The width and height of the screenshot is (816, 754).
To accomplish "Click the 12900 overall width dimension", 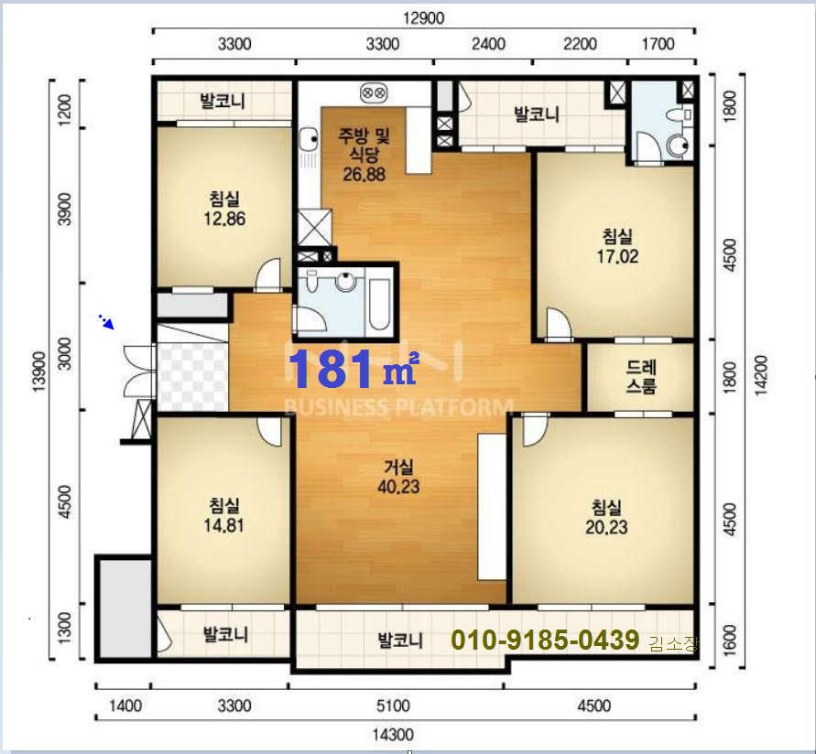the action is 424,18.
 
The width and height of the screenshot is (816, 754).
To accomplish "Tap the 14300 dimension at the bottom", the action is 393,735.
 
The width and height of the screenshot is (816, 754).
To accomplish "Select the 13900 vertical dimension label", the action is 39,372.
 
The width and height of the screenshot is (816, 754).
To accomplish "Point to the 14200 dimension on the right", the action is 761,375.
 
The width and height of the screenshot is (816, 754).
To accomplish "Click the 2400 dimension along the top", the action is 488,44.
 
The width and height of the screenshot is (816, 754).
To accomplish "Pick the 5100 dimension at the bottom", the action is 393,706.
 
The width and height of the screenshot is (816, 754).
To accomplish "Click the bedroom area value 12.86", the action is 224,219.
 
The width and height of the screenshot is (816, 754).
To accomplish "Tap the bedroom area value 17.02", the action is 617,256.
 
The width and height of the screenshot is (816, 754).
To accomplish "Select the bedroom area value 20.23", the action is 606,527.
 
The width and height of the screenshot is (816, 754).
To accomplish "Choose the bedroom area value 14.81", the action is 223,525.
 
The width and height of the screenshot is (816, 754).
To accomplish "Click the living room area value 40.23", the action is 398,487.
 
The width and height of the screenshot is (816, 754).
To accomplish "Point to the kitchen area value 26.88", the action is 364,175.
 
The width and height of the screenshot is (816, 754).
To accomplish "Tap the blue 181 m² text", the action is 354,369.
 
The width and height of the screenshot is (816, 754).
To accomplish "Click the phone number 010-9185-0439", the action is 545,640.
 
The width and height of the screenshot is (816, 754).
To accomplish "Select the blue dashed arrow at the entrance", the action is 106,322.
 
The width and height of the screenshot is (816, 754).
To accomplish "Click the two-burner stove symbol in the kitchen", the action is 374,93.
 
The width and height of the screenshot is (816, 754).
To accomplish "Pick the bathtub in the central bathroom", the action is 378,304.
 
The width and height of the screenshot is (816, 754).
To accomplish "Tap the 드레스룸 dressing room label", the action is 641,376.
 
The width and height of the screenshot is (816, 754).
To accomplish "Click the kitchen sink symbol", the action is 308,139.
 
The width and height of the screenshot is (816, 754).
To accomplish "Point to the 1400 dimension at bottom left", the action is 125,706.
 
